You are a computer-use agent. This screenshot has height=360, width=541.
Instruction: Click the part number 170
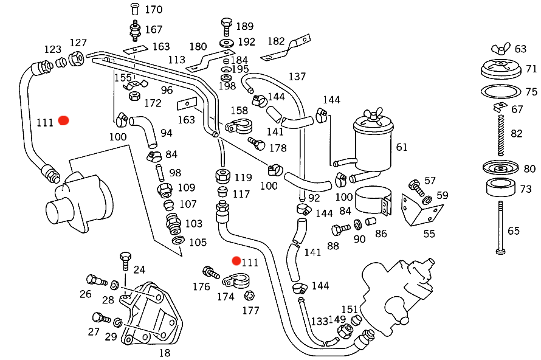coord(153,10)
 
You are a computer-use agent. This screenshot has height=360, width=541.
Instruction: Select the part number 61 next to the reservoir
coord(402,147)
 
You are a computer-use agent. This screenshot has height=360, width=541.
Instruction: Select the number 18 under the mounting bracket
coord(164,353)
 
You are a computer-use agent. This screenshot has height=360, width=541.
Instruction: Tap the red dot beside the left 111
coord(63,121)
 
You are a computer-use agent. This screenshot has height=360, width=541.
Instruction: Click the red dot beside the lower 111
coord(236,261)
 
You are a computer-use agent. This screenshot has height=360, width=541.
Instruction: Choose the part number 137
coord(297,77)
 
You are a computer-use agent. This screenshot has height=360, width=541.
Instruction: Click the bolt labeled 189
coord(226,27)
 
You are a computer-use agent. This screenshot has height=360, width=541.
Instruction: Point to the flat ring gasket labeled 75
coord(500,92)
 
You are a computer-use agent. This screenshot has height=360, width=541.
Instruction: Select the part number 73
coord(525,189)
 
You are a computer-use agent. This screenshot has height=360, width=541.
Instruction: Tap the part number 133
coord(320,320)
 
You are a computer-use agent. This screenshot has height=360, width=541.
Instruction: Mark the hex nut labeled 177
coord(248,296)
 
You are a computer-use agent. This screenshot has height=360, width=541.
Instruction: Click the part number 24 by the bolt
coord(139,270)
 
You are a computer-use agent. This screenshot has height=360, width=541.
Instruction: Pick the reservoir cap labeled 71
coord(500,69)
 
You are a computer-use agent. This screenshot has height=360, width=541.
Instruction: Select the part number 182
coord(276,41)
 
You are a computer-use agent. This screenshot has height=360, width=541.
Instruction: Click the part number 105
coord(198,242)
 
